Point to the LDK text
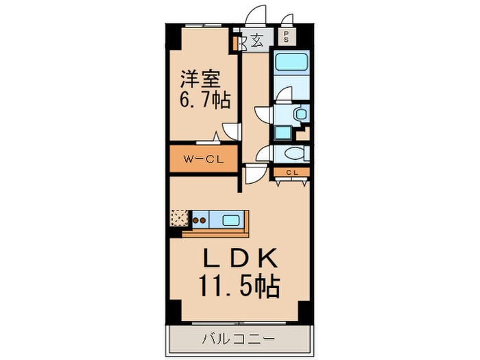tap(239, 259)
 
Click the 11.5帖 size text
tap(239, 285)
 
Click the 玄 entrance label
tap(256, 40)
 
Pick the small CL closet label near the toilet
tap(291, 172)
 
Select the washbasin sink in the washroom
tap(299, 114)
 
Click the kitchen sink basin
tap(231, 220)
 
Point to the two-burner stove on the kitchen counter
tap(200, 220)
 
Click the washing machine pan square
tap(282, 133)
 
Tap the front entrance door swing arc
tap(256, 15)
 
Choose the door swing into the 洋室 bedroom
tap(230, 131)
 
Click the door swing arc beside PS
tap(287, 19)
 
